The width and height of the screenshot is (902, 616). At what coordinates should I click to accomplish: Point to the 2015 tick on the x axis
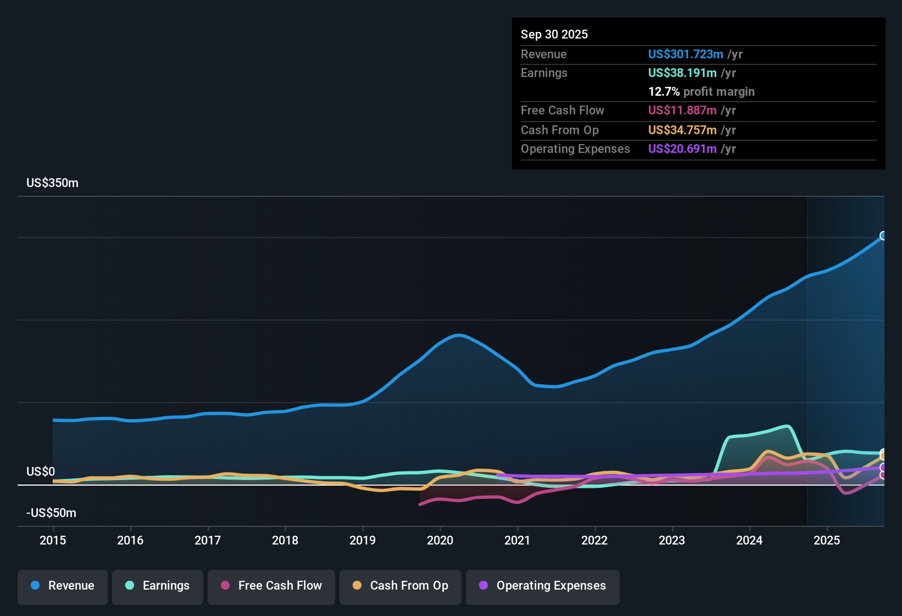click(x=53, y=540)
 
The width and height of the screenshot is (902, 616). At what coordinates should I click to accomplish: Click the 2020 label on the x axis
click(x=440, y=540)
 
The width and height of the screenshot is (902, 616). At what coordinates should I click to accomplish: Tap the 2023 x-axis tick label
click(x=672, y=540)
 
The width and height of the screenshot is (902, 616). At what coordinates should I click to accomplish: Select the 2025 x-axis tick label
click(x=827, y=540)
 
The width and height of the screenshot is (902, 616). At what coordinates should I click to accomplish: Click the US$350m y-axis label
click(x=52, y=183)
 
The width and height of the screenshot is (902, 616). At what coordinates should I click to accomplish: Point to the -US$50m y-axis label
click(x=51, y=513)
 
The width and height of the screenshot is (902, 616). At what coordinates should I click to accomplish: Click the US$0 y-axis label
click(x=41, y=471)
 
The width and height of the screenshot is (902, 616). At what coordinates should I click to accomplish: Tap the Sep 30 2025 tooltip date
click(x=554, y=34)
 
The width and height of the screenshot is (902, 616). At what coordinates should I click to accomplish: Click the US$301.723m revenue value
click(x=686, y=54)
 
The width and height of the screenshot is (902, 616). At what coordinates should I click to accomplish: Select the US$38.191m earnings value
click(x=682, y=73)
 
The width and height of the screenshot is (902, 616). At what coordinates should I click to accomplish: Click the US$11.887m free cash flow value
click(x=682, y=110)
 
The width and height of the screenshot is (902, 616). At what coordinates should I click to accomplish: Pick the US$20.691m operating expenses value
click(x=682, y=148)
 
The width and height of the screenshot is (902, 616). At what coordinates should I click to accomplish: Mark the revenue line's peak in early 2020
click(x=459, y=335)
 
